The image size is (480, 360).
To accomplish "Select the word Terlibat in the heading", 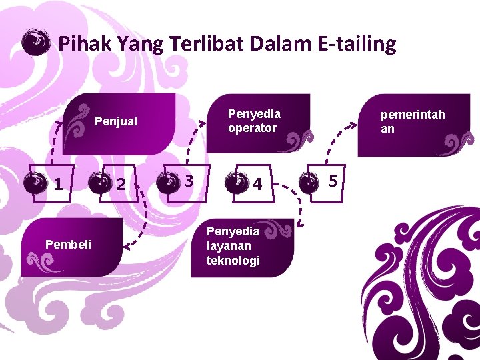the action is (x=206, y=44).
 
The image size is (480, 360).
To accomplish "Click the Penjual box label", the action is (x=116, y=121).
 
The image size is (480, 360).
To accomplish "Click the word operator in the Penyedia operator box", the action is (x=251, y=128).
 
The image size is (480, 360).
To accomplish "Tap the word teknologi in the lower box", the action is (x=233, y=260).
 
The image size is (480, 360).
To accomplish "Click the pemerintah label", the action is (x=412, y=115).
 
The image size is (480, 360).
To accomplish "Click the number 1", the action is (x=59, y=183).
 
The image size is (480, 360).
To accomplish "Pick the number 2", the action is (x=121, y=184).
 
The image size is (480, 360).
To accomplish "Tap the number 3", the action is (x=189, y=181).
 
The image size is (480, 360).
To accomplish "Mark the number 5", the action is (x=333, y=180).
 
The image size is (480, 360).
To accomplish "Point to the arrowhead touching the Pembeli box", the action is (x=127, y=248).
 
